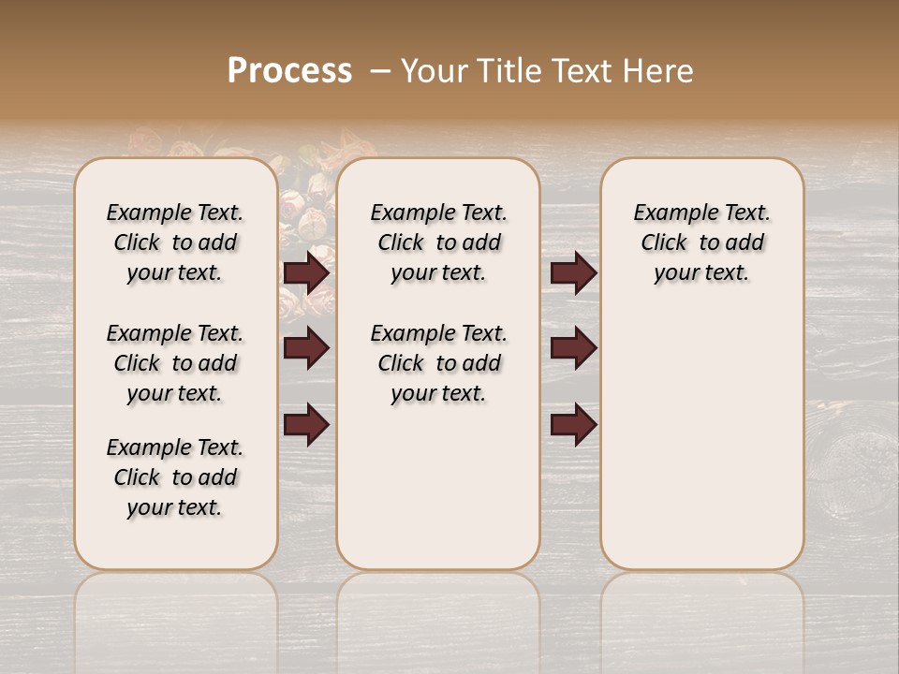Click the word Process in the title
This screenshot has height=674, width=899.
point(289,71)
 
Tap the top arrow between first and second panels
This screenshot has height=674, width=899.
point(306,273)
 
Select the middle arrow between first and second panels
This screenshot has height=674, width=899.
point(306,349)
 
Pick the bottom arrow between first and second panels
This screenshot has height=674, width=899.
point(306,425)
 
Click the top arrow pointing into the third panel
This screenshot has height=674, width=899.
point(573,273)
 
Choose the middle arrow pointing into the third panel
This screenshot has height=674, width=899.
point(573,349)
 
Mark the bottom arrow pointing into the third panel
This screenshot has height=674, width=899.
point(573,425)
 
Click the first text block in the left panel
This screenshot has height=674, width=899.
point(175,242)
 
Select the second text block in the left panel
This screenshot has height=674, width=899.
point(175,363)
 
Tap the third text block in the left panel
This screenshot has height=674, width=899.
point(175,477)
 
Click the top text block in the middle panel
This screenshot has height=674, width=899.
point(438,242)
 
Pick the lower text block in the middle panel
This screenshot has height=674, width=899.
point(438,363)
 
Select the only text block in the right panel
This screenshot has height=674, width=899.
point(701,242)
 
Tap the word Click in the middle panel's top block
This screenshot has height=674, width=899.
point(401,243)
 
